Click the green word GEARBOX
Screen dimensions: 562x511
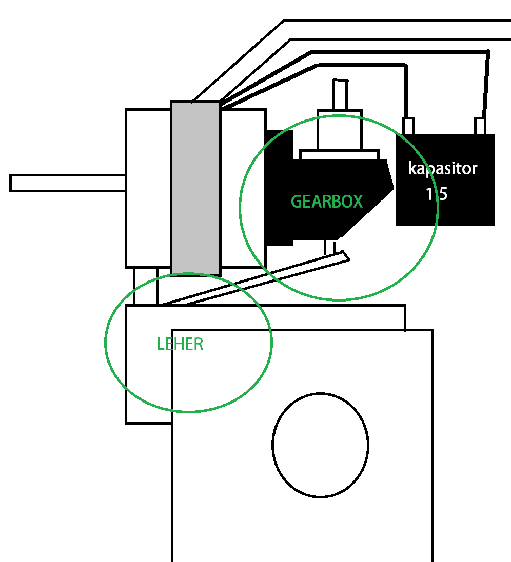pyautogui.click(x=326, y=201)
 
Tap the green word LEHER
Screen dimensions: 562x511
pyautogui.click(x=180, y=344)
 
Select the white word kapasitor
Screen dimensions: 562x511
pyautogui.click(x=443, y=168)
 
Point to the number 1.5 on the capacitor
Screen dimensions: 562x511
pyautogui.click(x=437, y=194)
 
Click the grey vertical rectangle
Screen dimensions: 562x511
pyautogui.click(x=195, y=187)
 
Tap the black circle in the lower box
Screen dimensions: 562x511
pyautogui.click(x=320, y=445)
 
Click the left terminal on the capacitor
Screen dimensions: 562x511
pyautogui.click(x=408, y=126)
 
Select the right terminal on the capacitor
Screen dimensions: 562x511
pyautogui.click(x=480, y=126)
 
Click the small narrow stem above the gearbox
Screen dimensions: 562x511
pyautogui.click(x=340, y=95)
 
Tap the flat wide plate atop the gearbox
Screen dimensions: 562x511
pyautogui.click(x=339, y=154)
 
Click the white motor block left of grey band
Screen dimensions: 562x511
pyautogui.click(x=148, y=188)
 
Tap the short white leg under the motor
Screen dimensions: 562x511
pyautogui.click(x=146, y=286)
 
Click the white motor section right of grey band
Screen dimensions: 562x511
pyautogui.click(x=242, y=188)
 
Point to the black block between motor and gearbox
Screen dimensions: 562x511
pyautogui.click(x=279, y=187)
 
